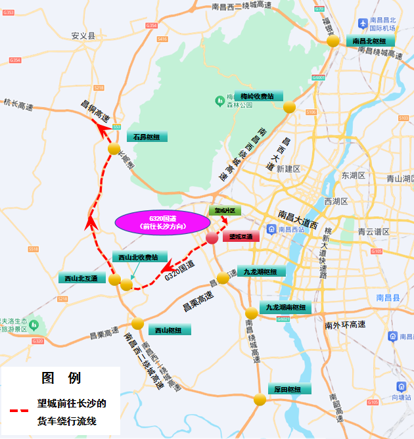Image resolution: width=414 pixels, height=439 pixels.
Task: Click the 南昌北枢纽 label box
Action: pos(373,41)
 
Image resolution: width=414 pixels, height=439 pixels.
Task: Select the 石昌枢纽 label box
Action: pos(147,137)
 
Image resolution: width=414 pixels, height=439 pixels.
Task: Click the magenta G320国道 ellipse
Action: pos(159,222)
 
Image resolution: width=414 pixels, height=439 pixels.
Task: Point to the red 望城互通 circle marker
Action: pos(212,238)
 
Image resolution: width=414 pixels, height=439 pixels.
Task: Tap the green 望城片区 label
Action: pos(225,210)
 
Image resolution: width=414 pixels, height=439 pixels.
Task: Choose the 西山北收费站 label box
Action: pos(139,257)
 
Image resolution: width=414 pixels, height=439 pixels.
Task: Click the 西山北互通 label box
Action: pos(81,279)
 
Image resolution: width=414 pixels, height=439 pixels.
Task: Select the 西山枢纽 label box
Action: pos(169,330)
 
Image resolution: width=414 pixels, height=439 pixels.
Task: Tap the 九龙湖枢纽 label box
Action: pos(260,271)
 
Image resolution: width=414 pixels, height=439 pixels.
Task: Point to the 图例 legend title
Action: pos(61,379)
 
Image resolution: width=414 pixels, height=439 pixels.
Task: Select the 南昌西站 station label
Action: pos(290,229)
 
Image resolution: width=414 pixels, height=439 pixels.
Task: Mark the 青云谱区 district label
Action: pos(373,232)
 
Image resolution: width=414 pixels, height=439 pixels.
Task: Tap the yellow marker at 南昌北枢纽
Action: pos(333,41)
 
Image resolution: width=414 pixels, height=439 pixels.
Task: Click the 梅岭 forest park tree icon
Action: pos(220,101)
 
